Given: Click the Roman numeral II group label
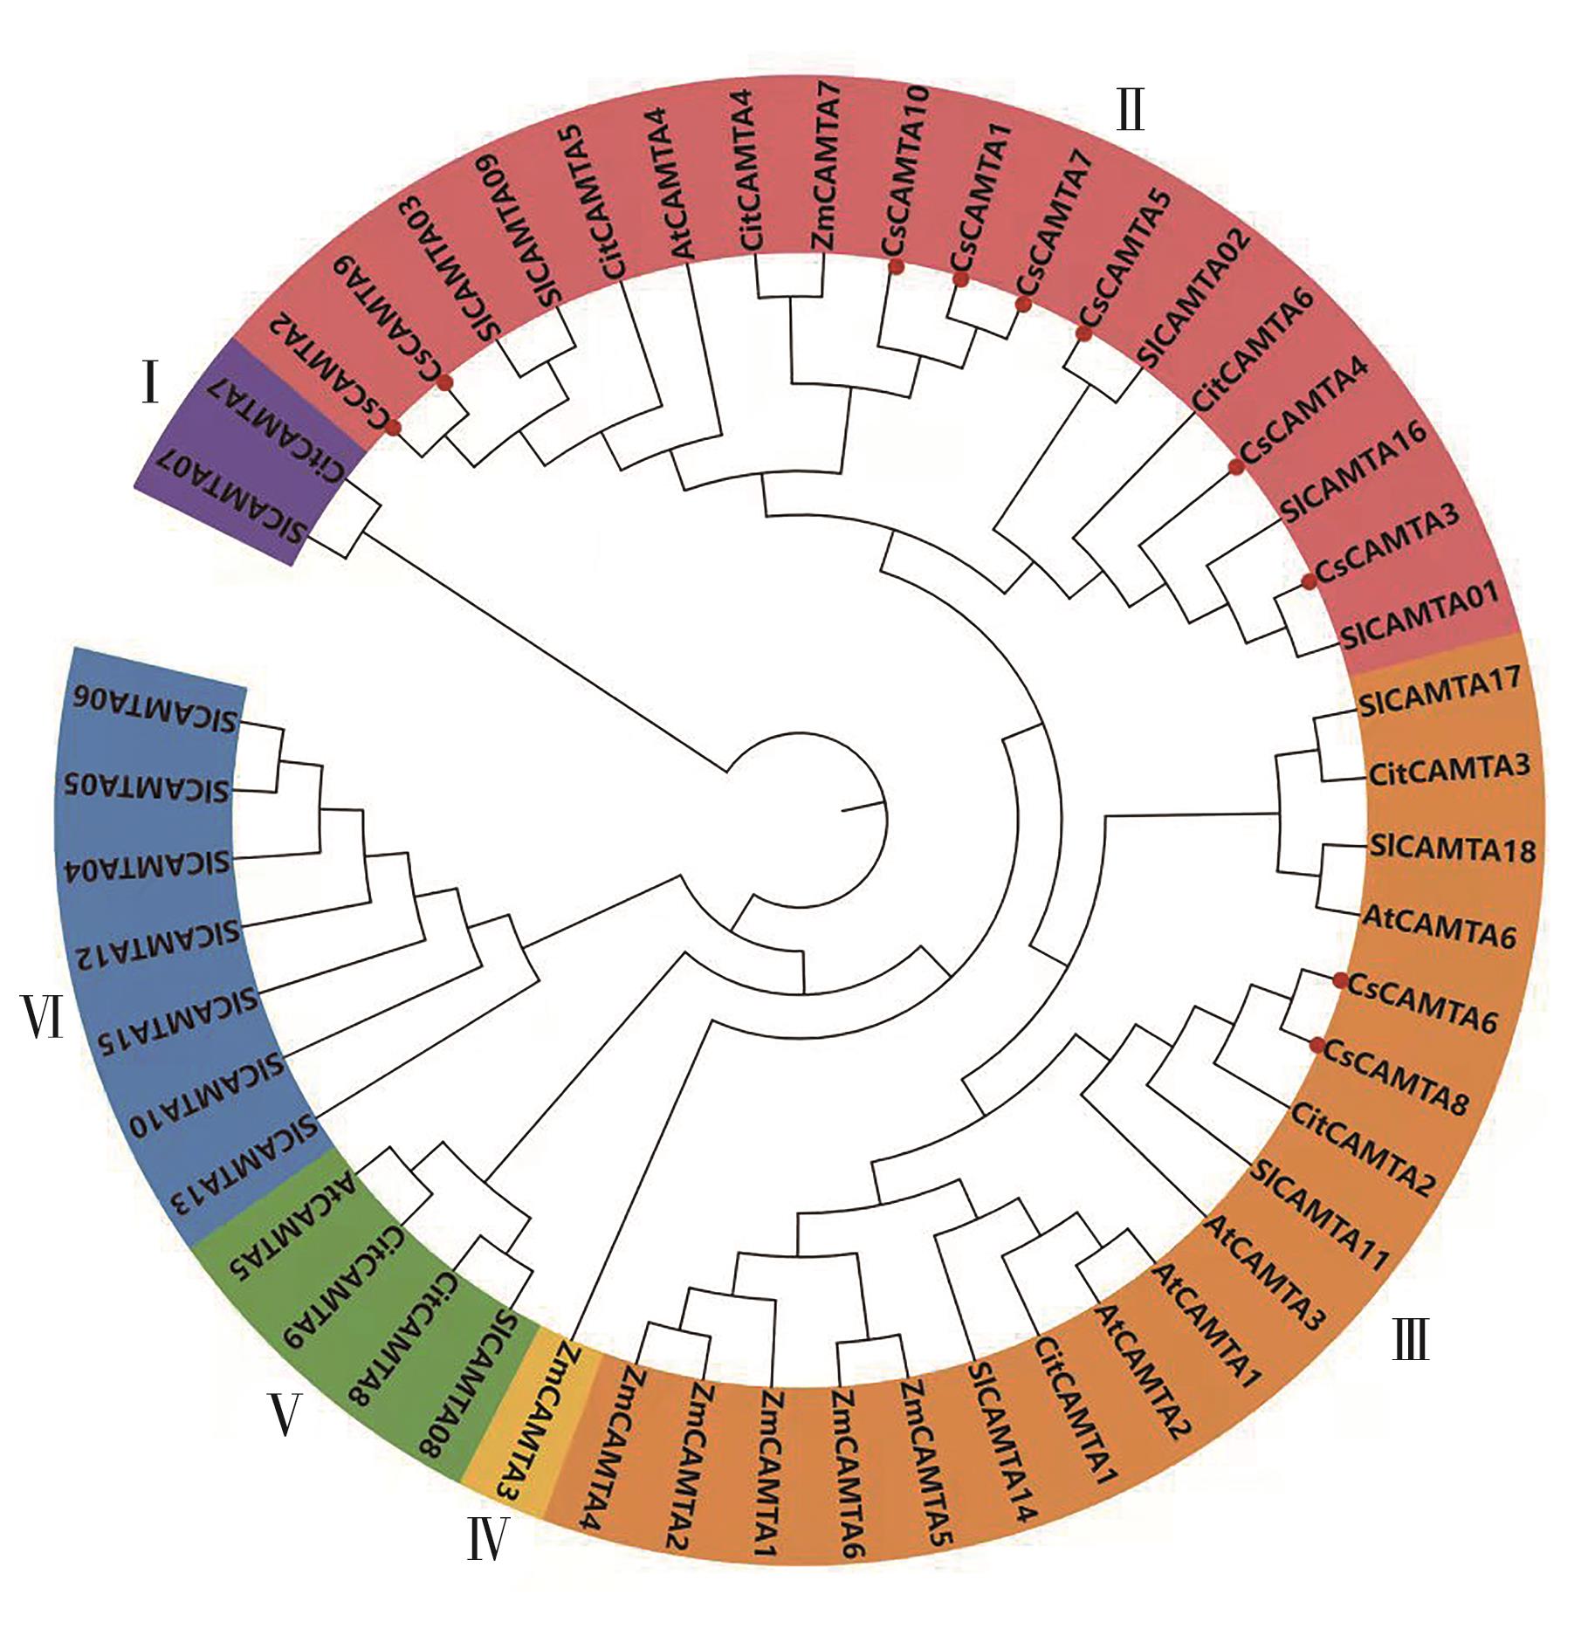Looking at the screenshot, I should tap(1131, 113).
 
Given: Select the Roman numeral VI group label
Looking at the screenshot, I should tap(44, 1017).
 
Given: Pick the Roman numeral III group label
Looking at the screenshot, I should tap(1410, 1339).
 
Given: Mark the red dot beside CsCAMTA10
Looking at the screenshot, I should tap(895, 268).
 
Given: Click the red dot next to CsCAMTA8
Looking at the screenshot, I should tap(1318, 1044).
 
